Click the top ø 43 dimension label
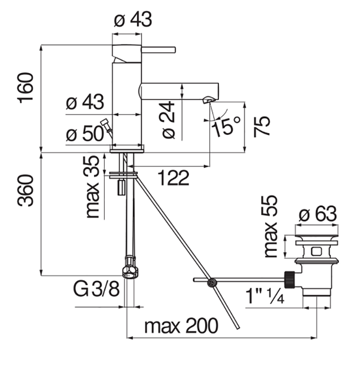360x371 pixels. (x=132, y=20)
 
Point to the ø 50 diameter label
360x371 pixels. (x=84, y=134)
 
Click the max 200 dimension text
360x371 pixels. (x=181, y=326)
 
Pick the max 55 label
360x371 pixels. (x=271, y=226)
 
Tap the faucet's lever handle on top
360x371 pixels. (x=158, y=49)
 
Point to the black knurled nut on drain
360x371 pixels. (x=290, y=278)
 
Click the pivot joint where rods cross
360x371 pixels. (x=210, y=283)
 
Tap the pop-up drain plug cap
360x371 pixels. (x=316, y=239)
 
